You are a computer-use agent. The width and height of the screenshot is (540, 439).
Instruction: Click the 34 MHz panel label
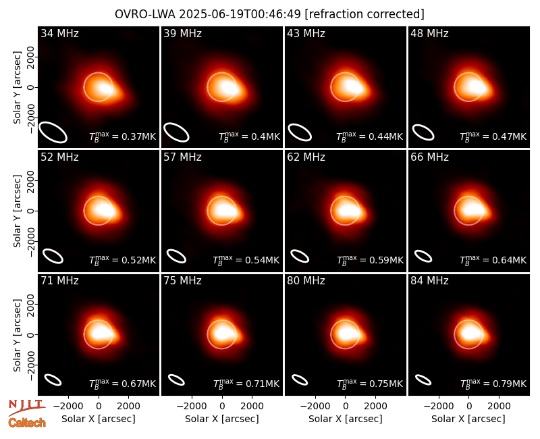[59, 33]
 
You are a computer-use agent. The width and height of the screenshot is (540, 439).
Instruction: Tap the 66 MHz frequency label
[429, 157]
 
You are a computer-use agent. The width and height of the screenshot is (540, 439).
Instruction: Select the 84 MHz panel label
[429, 281]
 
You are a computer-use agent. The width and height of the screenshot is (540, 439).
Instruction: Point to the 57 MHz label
[182, 157]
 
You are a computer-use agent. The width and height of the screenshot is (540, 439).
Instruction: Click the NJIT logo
[26, 407]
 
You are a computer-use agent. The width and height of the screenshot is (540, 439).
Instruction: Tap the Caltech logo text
[27, 423]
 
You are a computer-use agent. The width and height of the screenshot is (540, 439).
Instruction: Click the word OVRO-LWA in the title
[145, 14]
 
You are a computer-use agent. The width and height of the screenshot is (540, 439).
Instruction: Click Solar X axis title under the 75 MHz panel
[222, 419]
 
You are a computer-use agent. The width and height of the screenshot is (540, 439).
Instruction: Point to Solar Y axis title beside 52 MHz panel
[17, 211]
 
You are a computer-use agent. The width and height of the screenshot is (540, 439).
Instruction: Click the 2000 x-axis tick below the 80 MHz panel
[375, 407]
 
